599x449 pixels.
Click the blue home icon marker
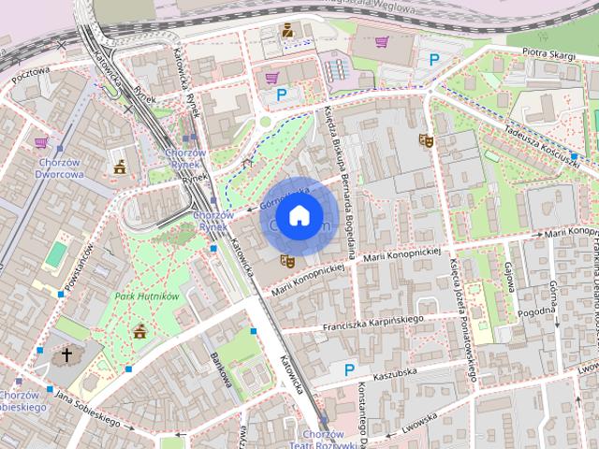click(299, 215)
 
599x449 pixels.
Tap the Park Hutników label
click(147, 297)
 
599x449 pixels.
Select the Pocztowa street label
click(30, 84)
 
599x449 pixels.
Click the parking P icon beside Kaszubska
click(349, 369)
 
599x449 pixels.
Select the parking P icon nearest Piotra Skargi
click(433, 60)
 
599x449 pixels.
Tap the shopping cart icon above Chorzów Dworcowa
click(41, 143)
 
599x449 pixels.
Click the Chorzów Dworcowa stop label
click(61, 167)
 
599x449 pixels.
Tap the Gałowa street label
click(510, 278)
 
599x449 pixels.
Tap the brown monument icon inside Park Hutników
click(139, 330)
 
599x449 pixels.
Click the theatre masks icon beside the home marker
click(287, 262)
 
